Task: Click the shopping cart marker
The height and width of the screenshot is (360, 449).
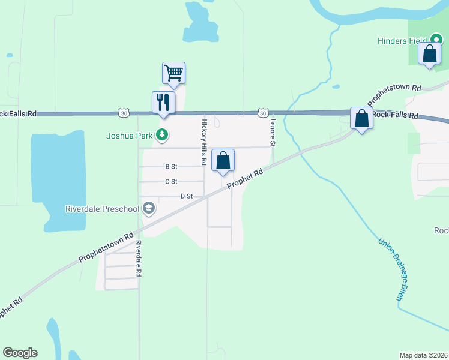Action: click(x=173, y=73)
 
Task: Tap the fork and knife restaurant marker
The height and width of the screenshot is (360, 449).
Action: click(x=163, y=102)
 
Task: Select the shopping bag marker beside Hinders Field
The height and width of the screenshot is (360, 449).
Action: click(x=430, y=54)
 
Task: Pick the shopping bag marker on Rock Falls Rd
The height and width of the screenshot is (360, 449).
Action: click(x=361, y=118)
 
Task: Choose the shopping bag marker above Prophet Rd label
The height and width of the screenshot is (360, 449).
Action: click(x=223, y=160)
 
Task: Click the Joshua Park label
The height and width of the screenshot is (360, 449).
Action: click(x=129, y=136)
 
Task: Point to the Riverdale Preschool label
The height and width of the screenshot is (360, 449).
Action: click(x=102, y=209)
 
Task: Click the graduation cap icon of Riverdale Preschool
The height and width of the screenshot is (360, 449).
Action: click(x=148, y=209)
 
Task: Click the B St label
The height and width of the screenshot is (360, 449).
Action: click(x=172, y=167)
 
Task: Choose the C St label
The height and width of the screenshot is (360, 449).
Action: click(x=172, y=181)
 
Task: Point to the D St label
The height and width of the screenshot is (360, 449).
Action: click(x=187, y=196)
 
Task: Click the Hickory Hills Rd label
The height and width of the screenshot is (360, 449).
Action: click(x=204, y=142)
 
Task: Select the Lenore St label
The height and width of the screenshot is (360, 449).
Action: click(x=272, y=133)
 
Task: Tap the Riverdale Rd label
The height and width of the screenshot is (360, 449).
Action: click(x=138, y=259)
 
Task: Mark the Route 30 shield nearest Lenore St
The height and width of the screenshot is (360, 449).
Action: click(x=262, y=112)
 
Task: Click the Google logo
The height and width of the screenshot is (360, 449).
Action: click(x=20, y=353)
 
